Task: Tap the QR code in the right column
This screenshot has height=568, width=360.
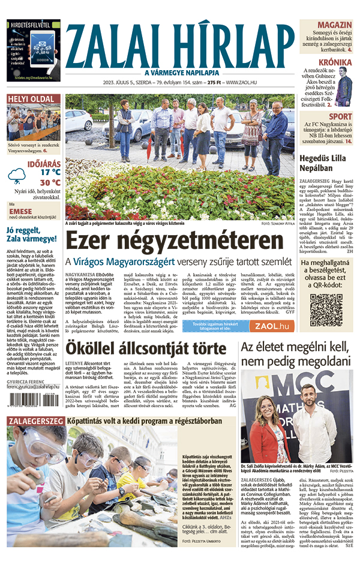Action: tap(326, 309)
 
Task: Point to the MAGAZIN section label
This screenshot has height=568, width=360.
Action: tap(334, 25)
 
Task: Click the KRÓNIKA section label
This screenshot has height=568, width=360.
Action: tap(335, 62)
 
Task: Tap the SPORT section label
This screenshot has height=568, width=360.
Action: tap(340, 116)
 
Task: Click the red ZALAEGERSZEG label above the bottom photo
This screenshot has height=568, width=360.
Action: tap(28, 421)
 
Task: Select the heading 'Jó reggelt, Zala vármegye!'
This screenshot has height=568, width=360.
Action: tap(33, 235)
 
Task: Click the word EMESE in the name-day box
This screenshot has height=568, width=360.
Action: tap(21, 211)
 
